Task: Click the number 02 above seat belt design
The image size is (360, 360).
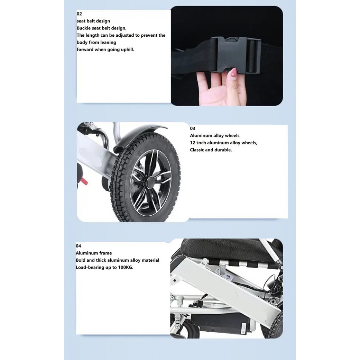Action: click(79, 14)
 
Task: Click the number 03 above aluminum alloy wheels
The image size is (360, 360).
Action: click(193, 128)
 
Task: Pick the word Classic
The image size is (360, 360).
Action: click(198, 149)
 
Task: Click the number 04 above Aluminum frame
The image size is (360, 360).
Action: click(78, 246)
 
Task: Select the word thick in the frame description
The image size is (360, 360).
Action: click(103, 260)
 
